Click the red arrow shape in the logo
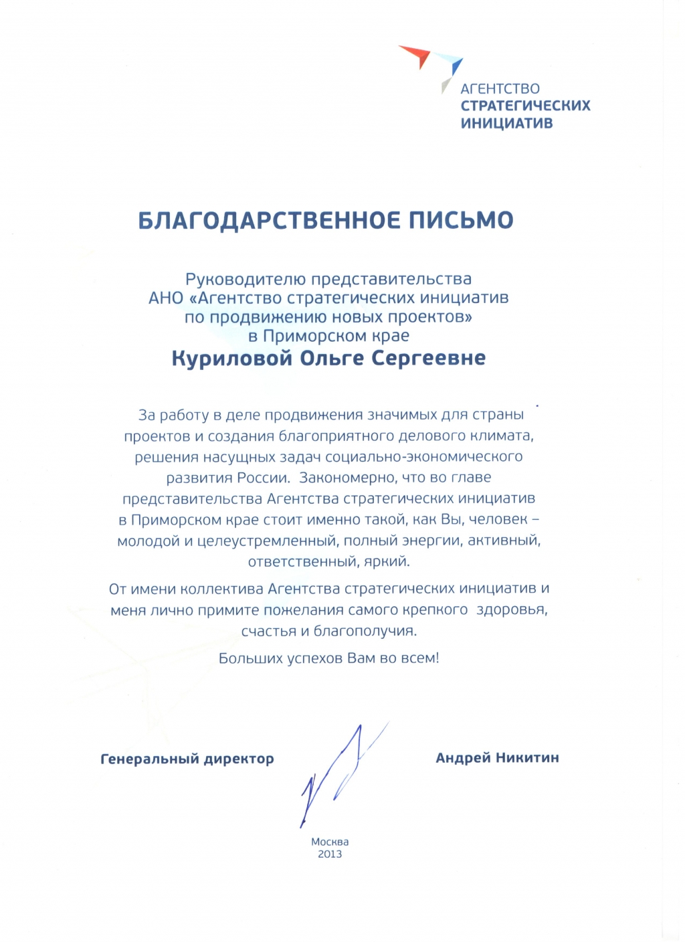click(x=416, y=55)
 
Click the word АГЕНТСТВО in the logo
click(x=500, y=88)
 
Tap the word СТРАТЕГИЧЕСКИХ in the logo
click(x=525, y=106)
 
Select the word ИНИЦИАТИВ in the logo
click(x=506, y=123)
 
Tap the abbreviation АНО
click(x=166, y=298)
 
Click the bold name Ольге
click(x=332, y=359)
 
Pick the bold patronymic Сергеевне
click(x=428, y=359)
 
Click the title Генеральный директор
click(x=187, y=759)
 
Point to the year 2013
click(x=330, y=854)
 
